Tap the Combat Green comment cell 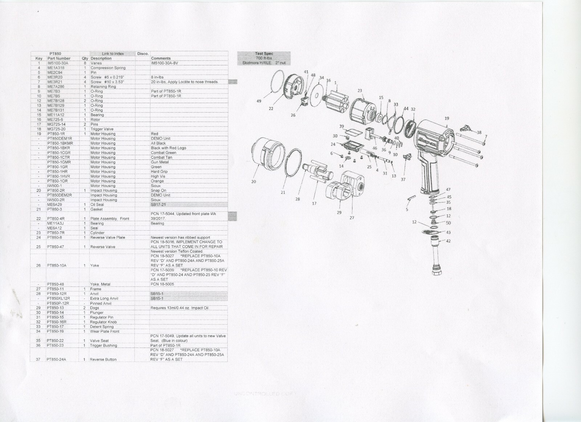tap(163, 153)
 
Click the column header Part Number tap(59, 58)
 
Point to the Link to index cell tap(113, 54)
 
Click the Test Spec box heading tap(264, 54)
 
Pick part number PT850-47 tap(56, 247)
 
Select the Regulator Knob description tap(103, 322)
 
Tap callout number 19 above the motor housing tap(447, 118)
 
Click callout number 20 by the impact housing tap(253, 182)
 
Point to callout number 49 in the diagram tap(259, 101)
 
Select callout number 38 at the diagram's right tap(479, 133)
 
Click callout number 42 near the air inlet tap(448, 241)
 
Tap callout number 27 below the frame tap(352, 218)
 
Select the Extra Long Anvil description tap(104, 299)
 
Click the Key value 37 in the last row tap(38, 360)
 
